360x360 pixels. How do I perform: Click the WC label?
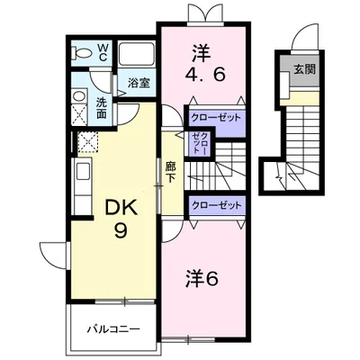pos(103,52)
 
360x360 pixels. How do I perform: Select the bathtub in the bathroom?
pos(137,55)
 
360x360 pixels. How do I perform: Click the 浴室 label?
pos(139,83)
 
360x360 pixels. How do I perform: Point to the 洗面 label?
pos(102,108)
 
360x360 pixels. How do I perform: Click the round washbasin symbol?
pos(79,96)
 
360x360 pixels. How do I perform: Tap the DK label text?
pos(121,207)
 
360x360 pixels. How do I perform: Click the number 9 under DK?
pos(121,230)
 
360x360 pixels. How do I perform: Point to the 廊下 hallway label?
pos(171,173)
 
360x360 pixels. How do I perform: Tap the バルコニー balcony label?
pos(113,329)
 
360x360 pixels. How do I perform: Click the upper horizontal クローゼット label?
pos(216,117)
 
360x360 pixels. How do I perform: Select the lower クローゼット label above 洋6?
pos(217,205)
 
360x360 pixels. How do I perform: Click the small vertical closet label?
pos(200,143)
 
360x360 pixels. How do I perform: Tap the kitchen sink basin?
pos(83,172)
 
